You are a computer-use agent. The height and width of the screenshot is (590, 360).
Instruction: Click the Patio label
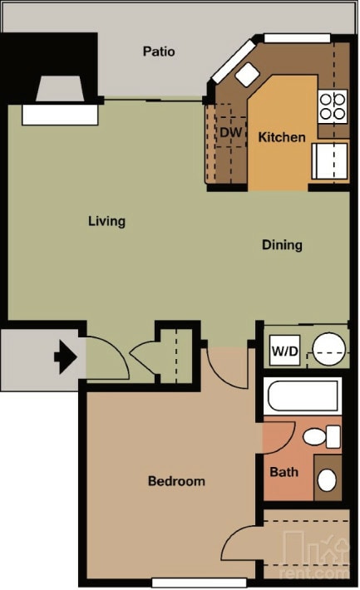pos(159,52)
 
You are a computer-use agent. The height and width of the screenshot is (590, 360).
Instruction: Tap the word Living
pos(106,221)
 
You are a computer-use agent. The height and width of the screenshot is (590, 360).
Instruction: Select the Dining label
pos(282,245)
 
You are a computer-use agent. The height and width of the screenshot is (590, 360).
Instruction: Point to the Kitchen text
pos(282,137)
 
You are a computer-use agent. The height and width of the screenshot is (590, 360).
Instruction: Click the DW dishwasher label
pos(229,131)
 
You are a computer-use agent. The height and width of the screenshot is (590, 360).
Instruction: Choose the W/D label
pos(284,351)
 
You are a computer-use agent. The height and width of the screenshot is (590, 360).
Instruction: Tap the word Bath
pos(284,472)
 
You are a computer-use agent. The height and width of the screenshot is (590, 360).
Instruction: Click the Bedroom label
pos(176,481)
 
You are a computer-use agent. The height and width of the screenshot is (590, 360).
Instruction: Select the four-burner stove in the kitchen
pos(333,106)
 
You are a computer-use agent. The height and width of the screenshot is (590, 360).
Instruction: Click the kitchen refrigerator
pos(329,160)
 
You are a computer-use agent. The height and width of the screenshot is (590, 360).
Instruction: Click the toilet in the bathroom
pos(321,436)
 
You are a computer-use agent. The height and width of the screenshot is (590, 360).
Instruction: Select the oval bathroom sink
pos(328,479)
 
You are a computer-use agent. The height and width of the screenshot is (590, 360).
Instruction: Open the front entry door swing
pos(106,360)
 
